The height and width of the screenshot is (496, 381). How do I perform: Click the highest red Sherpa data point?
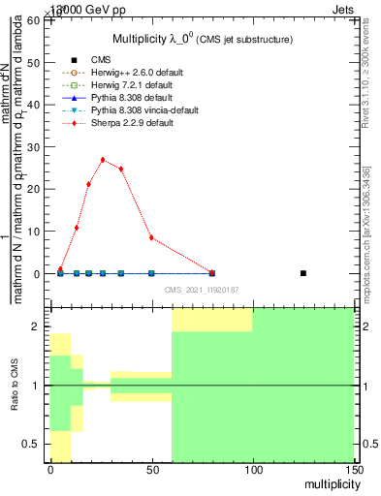[x=103, y=160]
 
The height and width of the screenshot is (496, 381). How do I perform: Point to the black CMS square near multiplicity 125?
[x=303, y=273]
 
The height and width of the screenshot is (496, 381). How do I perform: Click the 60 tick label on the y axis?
[x=34, y=20]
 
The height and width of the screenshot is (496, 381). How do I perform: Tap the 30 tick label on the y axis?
[x=34, y=147]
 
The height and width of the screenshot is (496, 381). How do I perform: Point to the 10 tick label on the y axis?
[x=34, y=232]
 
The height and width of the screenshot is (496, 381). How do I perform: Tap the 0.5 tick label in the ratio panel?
[x=31, y=444]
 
